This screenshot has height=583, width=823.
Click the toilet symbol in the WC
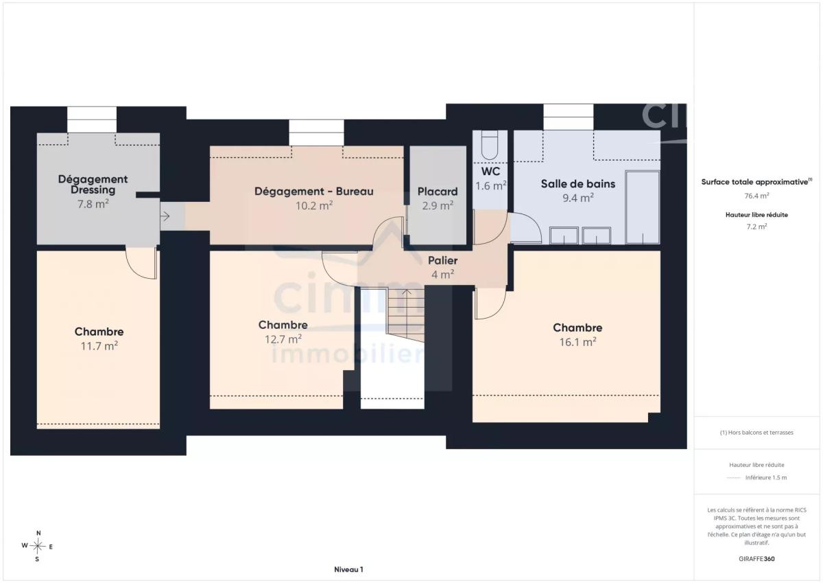tap(490, 145)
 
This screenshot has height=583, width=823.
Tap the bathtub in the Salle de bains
tap(643, 207)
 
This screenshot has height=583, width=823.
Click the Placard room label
tap(438, 192)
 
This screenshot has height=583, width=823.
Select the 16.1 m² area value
tap(577, 342)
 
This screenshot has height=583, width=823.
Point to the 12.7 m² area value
tap(283, 339)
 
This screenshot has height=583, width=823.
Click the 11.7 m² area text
tap(99, 346)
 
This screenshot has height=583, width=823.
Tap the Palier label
tap(443, 260)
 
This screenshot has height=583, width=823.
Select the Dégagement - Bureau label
tap(314, 192)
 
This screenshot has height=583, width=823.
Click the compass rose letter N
tap(38, 533)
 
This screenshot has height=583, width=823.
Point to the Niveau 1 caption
tap(348, 569)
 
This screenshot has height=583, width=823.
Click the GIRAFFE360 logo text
tap(757, 559)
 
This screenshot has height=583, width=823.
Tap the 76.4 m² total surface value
tap(757, 196)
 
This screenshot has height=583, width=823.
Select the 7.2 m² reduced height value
tap(757, 227)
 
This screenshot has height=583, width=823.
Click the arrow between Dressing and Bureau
tap(165, 216)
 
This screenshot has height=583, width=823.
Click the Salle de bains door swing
tap(526, 227)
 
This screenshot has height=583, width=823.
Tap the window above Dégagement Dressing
tap(92, 119)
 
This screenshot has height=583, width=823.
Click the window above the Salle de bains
tap(568, 117)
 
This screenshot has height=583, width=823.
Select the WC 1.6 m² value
tap(491, 186)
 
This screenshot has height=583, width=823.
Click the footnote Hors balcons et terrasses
tap(756, 433)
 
